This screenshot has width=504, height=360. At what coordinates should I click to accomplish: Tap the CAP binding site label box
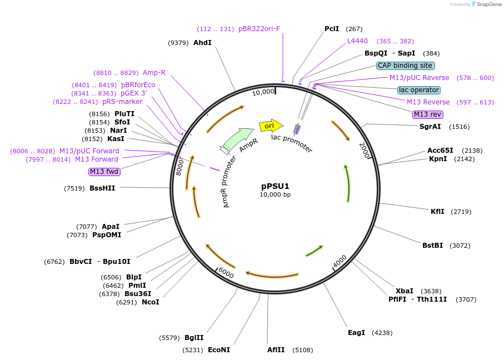pos(405,66)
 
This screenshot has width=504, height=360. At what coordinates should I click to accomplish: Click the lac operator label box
pos(419,90)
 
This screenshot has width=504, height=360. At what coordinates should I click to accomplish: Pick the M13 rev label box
pos(427,114)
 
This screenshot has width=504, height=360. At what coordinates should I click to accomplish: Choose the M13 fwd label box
pos(104,172)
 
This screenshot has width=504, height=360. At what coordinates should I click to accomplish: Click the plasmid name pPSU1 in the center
pos(275,186)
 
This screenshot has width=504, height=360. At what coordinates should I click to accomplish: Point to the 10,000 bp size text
pos(275,195)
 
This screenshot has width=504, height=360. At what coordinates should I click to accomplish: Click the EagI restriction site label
pos(356,333)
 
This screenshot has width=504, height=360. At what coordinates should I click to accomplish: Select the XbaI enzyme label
pos(404,291)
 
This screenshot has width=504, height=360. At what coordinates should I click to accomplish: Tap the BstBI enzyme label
pos(432,246)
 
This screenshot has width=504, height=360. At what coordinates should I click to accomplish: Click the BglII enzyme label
pos(194,338)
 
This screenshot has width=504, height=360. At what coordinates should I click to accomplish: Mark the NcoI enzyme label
pos(150,302)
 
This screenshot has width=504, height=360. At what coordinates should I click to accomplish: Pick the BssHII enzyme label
pos(102,188)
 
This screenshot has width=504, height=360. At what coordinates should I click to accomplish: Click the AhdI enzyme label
pos(202,43)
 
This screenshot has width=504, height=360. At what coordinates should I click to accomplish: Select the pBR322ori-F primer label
pos(259,29)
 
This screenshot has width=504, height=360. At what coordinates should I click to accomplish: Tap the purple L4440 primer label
pos(357,41)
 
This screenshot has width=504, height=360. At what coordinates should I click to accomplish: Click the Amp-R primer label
pos(154,73)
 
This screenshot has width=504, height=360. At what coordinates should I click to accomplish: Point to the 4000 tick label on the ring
pos(340,261)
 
